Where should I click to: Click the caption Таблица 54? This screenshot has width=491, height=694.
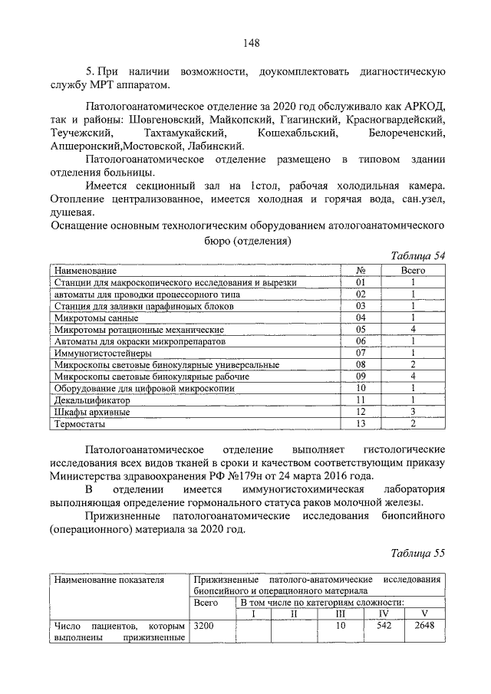pos(417,256)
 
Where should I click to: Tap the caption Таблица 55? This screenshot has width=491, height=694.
pos(417,552)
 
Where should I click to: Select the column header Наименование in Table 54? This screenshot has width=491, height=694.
pos(85,271)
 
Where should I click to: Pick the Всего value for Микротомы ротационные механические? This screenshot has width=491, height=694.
pos(413,329)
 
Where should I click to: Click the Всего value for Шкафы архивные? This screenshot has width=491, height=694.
pos(413,412)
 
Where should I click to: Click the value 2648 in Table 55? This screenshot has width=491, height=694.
pos(424,627)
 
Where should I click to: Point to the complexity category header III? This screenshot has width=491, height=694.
pos(341,613)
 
